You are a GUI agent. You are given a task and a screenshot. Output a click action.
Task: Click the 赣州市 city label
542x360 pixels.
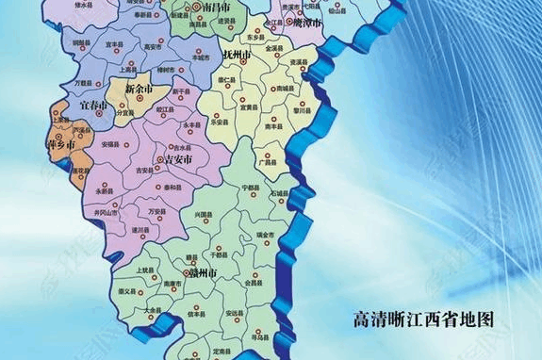[205, 273]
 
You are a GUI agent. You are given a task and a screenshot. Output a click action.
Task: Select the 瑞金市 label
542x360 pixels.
[266, 235]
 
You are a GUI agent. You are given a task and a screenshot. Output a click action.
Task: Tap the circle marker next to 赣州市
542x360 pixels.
[190, 271]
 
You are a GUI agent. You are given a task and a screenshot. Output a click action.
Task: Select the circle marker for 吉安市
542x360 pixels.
[159, 161]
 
